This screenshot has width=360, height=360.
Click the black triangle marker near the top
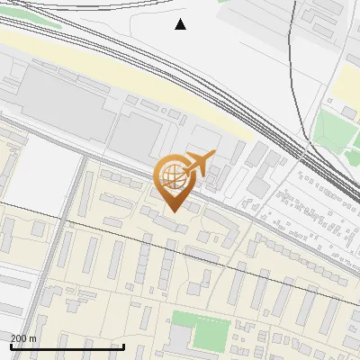[181, 24]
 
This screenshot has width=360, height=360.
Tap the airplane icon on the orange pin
[199, 163]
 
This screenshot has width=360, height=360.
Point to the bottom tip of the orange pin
[172, 211]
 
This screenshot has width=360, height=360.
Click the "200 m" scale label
[23, 338]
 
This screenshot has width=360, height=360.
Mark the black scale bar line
[67, 346]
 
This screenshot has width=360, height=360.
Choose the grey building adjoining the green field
[181, 337]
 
